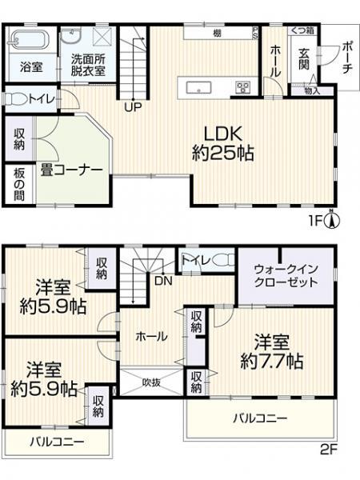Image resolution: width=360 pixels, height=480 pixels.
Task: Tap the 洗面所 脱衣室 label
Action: pos(89,63)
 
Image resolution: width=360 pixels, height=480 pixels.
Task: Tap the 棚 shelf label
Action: pos(217,33)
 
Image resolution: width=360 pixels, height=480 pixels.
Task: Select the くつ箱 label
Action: pos(302,30)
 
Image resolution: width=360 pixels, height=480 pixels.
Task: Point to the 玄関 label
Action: pos(305,61)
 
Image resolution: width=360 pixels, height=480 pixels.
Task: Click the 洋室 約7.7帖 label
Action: pos(272,350)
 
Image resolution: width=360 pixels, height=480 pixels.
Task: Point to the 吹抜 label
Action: pos(152,382)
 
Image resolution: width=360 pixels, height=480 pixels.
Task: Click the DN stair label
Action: pos(162,282)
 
